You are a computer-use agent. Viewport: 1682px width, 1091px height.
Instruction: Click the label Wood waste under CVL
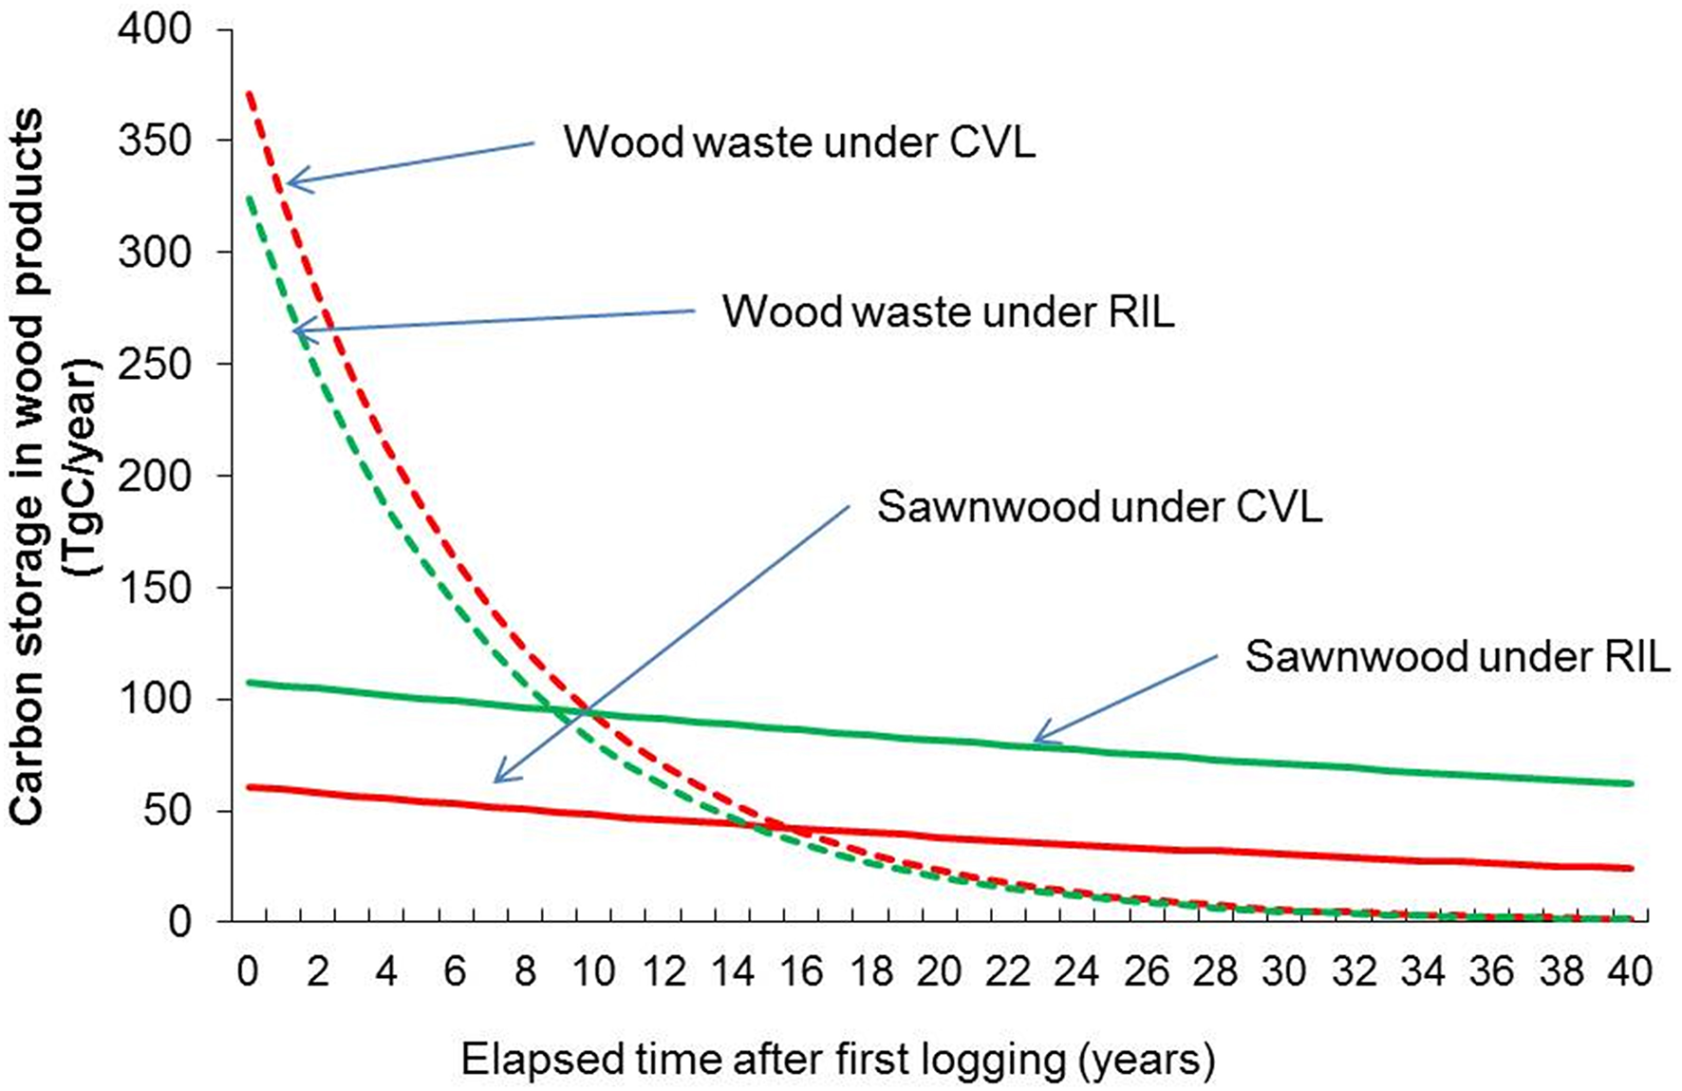pyautogui.click(x=799, y=142)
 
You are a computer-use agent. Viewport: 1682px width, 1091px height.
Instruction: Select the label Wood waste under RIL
pyautogui.click(x=947, y=311)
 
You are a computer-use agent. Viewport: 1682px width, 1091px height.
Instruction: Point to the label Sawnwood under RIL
pyautogui.click(x=1456, y=656)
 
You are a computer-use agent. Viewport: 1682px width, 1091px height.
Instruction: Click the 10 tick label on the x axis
pyautogui.click(x=593, y=971)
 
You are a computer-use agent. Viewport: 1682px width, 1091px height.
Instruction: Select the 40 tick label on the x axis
pyautogui.click(x=1630, y=971)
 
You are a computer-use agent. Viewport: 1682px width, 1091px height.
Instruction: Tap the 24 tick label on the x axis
pyautogui.click(x=1077, y=971)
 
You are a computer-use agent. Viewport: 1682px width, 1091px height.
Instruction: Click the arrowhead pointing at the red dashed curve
pyautogui.click(x=290, y=182)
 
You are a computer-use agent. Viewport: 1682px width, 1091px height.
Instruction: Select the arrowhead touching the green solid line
pyautogui.click(x=1037, y=740)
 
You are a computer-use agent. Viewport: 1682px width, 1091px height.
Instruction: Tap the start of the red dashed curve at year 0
pyautogui.click(x=248, y=93)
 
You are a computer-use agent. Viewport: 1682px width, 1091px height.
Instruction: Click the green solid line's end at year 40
pyautogui.click(x=1630, y=783)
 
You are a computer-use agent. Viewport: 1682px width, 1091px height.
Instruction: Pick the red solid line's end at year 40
pyautogui.click(x=1630, y=868)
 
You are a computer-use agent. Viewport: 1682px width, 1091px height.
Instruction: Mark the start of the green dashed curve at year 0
pyautogui.click(x=248, y=198)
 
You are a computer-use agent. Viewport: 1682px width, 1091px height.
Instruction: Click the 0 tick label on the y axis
pyautogui.click(x=179, y=922)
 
